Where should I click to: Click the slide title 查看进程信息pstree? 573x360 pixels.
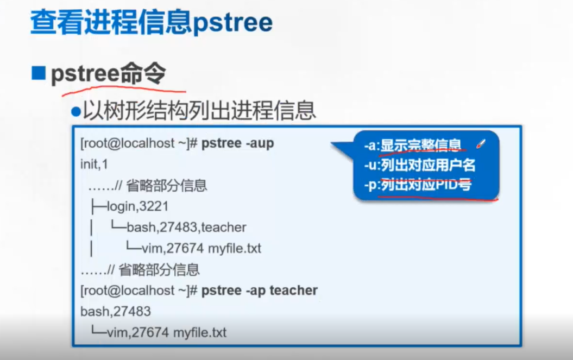[152, 23]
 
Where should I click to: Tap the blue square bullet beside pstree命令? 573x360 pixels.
[39, 73]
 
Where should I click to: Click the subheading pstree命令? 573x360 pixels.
[109, 73]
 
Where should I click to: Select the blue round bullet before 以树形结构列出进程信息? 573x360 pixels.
[76, 112]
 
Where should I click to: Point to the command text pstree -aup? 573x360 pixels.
[237, 143]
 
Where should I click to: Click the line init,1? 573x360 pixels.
[95, 165]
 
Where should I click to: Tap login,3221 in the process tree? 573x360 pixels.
[137, 206]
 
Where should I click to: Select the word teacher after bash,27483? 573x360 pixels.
[224, 228]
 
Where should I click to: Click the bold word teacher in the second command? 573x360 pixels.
[293, 290]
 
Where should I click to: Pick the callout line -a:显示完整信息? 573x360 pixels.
[413, 145]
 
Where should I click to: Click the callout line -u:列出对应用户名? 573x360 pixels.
[419, 165]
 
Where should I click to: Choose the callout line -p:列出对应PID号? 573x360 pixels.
[418, 185]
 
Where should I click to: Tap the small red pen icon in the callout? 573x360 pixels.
[481, 144]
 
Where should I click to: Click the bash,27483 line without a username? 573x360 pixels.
[116, 311]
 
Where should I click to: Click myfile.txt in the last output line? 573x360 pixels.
[199, 333]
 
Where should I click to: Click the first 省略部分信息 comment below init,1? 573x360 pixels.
[167, 186]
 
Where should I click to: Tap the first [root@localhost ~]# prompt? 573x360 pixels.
[139, 143]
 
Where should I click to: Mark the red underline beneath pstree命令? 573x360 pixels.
[124, 89]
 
